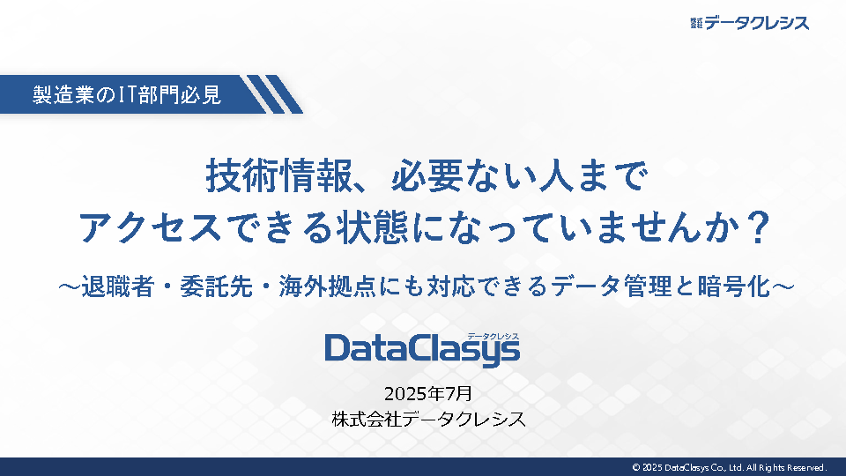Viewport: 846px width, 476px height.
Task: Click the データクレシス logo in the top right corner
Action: pos(749,23)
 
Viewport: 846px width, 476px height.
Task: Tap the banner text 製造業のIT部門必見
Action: pos(127,94)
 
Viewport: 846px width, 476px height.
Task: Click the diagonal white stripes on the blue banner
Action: pos(271,94)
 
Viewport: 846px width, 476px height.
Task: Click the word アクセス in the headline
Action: pos(150,227)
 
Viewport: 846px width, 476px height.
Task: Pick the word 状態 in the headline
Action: pos(372,227)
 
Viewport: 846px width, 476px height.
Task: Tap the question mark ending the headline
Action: pos(759,227)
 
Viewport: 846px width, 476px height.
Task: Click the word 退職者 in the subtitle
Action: pos(117,286)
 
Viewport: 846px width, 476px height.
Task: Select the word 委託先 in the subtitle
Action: pos(217,286)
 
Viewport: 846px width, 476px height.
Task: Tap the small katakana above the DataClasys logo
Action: pos(493,336)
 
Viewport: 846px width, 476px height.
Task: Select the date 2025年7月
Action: pos(428,393)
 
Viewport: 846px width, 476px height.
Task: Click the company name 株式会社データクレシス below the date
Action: pos(429,420)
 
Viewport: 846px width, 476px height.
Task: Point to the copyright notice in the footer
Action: pos(730,467)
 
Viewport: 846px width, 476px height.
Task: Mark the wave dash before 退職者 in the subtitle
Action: pos(69,286)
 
